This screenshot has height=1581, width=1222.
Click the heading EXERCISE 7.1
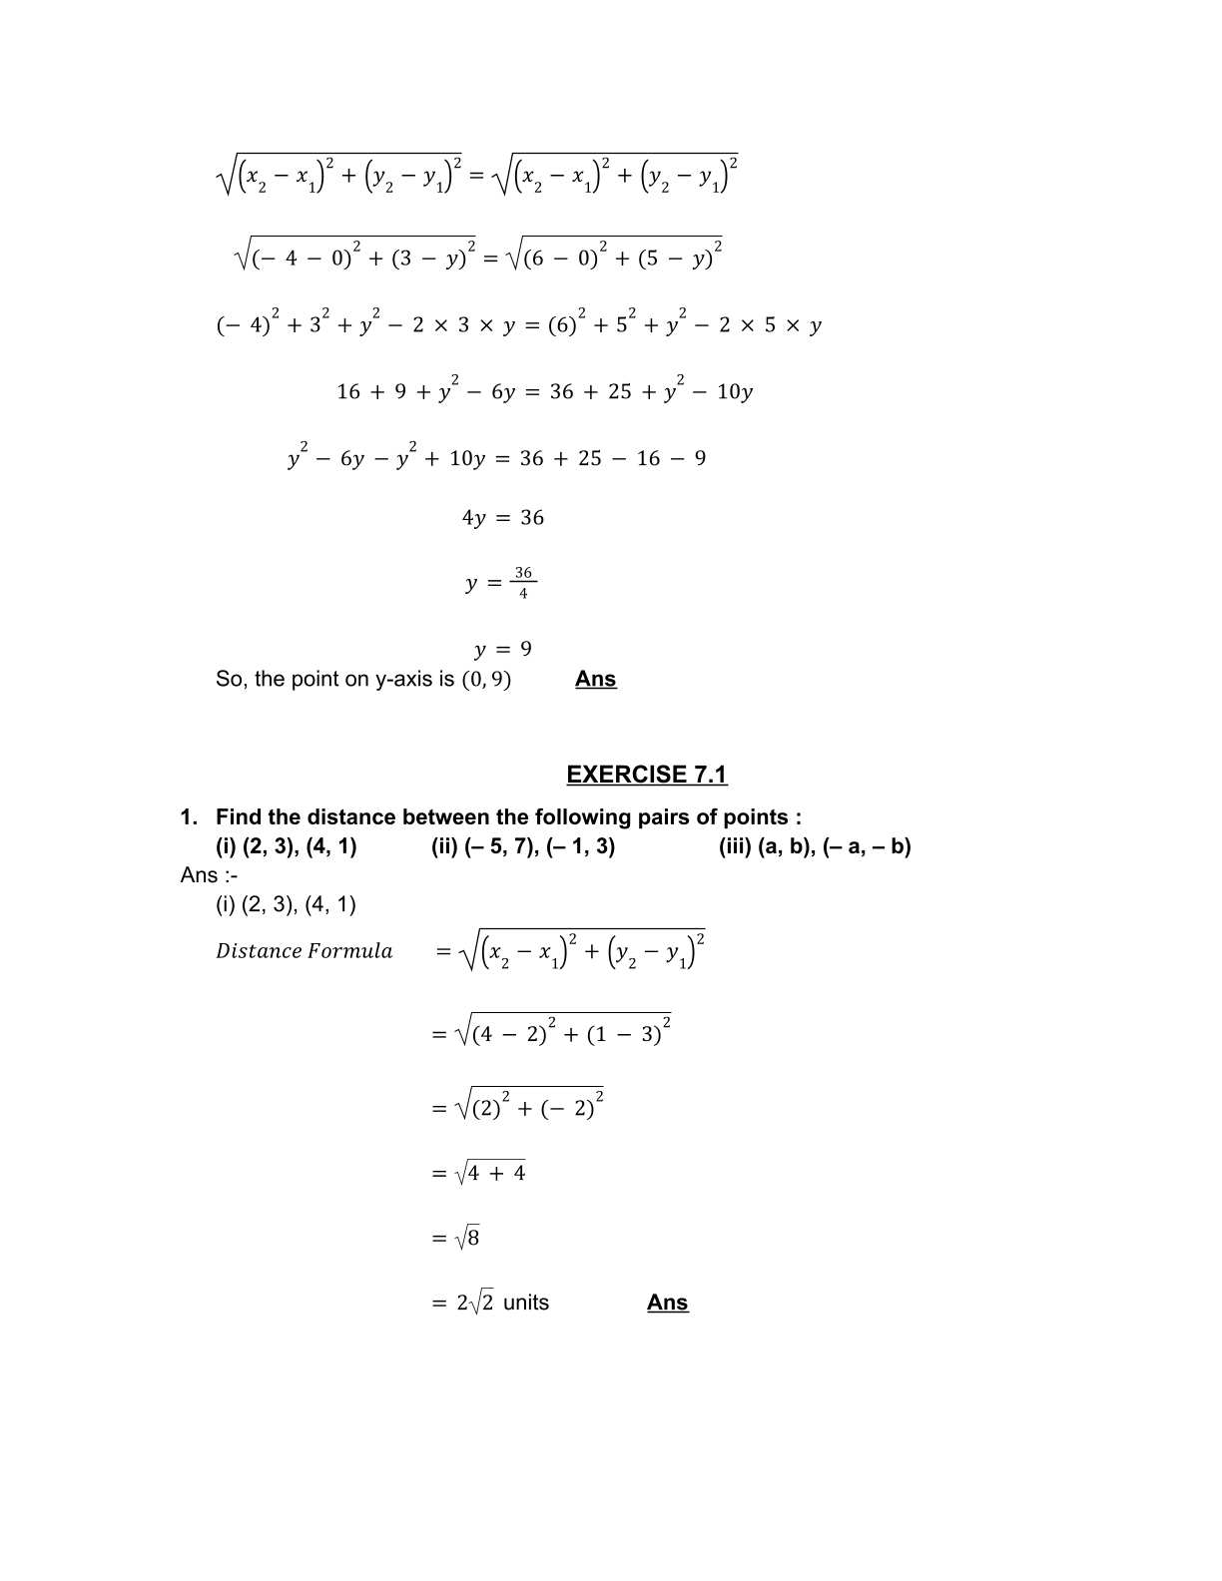[x=646, y=775]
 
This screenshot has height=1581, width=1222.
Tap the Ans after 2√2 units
[x=667, y=1303]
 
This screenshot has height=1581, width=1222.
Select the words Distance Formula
[x=305, y=951]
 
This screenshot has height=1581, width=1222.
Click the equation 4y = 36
[x=503, y=518]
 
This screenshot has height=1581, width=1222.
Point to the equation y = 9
[x=503, y=650]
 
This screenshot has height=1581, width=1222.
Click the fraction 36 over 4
[x=523, y=583]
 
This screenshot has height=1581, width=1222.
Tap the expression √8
[x=467, y=1239]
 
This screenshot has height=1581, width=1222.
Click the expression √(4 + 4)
[x=490, y=1173]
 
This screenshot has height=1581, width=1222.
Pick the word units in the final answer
[x=526, y=1303]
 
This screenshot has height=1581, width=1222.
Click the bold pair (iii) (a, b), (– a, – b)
[x=815, y=847]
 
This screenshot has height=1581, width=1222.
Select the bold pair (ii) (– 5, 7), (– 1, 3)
[x=523, y=847]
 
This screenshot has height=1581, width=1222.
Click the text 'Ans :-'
[x=209, y=875]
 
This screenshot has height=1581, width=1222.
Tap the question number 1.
[x=187, y=817]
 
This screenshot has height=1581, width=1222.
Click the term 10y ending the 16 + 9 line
[x=735, y=392]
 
